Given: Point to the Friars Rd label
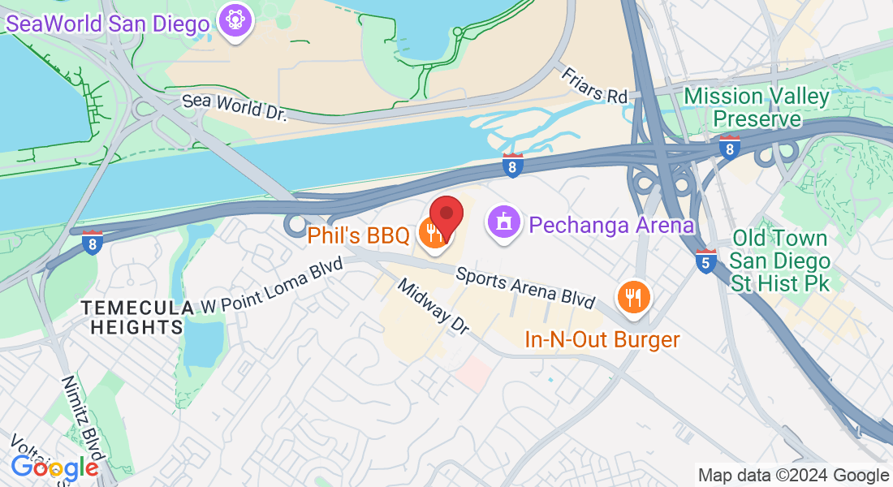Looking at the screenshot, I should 595,85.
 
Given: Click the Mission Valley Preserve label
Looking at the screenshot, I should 757,107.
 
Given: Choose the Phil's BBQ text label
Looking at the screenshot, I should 358,236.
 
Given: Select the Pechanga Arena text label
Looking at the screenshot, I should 611,225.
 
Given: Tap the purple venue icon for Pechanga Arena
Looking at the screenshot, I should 504,222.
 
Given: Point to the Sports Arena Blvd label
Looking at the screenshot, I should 525,287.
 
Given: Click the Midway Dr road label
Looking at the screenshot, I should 434,307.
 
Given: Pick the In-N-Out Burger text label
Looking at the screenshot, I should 602,338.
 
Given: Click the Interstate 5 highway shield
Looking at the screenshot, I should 706,261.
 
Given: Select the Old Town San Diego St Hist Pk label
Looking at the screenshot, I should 779,261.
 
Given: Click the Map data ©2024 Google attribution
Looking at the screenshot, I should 793,476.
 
